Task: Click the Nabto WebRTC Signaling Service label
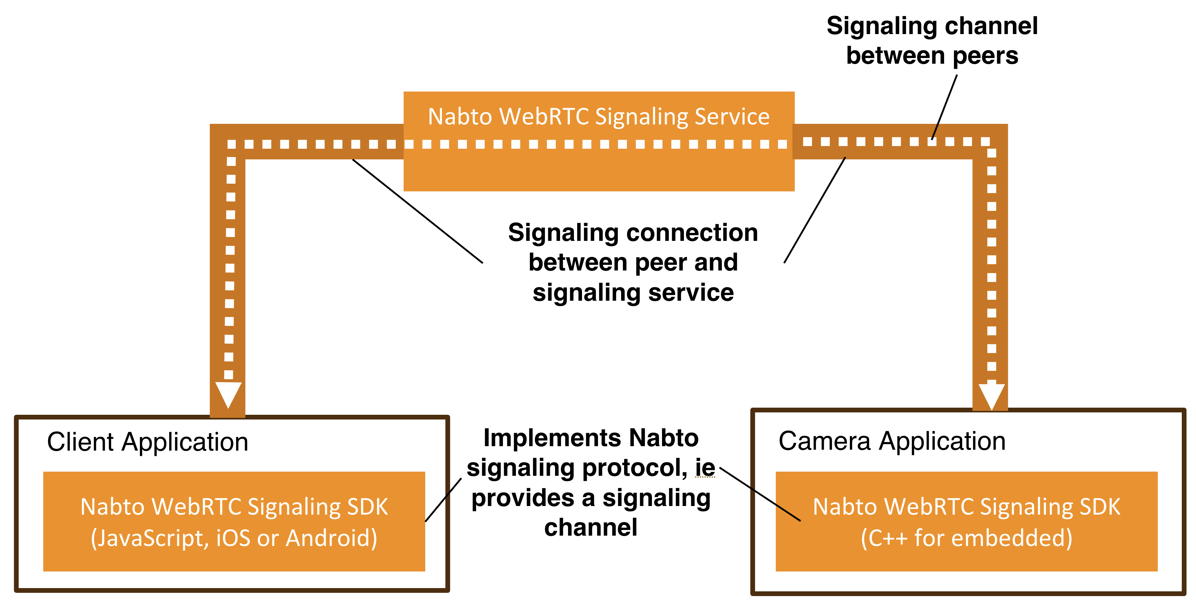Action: tap(599, 116)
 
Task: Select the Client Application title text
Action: tap(148, 442)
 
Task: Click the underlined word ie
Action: tap(705, 467)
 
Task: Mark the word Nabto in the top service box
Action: tap(460, 116)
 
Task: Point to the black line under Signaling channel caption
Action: tap(944, 107)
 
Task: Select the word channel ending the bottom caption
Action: tap(591, 528)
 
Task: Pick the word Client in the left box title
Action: tap(80, 442)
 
